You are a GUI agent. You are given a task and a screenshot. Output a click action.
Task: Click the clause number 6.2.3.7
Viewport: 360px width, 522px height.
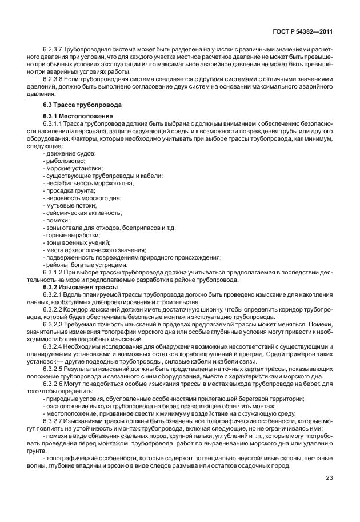tap(54, 50)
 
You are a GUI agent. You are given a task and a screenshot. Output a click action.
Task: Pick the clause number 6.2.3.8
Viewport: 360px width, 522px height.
tap(54, 80)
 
